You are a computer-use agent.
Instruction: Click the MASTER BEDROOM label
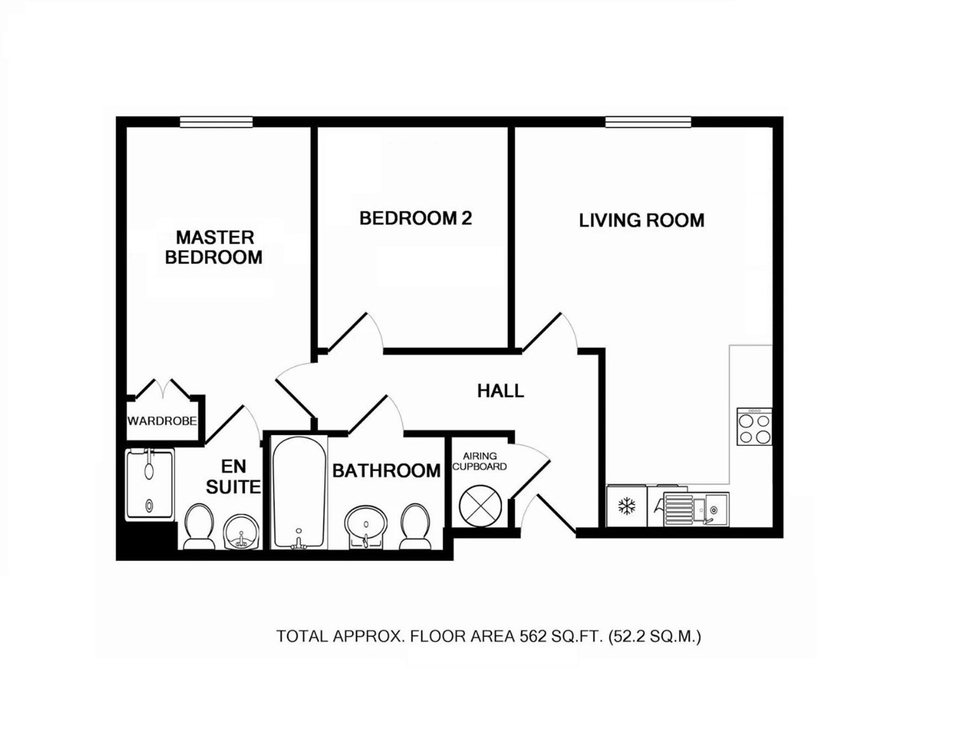(214, 247)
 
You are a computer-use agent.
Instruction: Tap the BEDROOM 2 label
(416, 218)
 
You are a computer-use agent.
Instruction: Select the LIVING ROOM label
(641, 220)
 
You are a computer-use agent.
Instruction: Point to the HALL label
(501, 391)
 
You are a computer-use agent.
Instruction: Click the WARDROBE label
(162, 421)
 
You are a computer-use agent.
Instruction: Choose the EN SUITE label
(233, 476)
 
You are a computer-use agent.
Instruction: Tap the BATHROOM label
(386, 471)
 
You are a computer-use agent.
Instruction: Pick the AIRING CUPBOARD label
(480, 462)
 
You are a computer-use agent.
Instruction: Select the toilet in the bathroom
(415, 526)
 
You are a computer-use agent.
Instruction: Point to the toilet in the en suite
(199, 526)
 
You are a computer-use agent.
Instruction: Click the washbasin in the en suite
(239, 532)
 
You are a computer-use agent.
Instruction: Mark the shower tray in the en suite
(149, 484)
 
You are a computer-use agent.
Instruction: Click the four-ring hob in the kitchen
(755, 427)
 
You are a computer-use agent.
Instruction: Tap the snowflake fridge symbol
(627, 507)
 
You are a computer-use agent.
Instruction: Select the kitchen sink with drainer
(696, 509)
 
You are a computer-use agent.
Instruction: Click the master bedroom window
(216, 122)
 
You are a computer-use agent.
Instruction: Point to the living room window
(648, 122)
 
